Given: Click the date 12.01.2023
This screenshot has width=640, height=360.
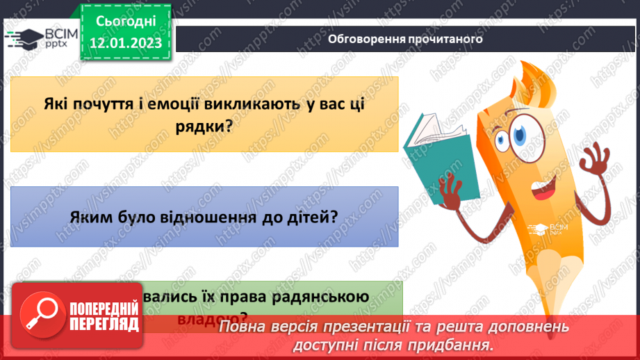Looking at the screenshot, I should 125,43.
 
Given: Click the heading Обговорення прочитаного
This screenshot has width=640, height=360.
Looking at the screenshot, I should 405,39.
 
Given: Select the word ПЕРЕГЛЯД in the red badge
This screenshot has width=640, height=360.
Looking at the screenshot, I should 105,324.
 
